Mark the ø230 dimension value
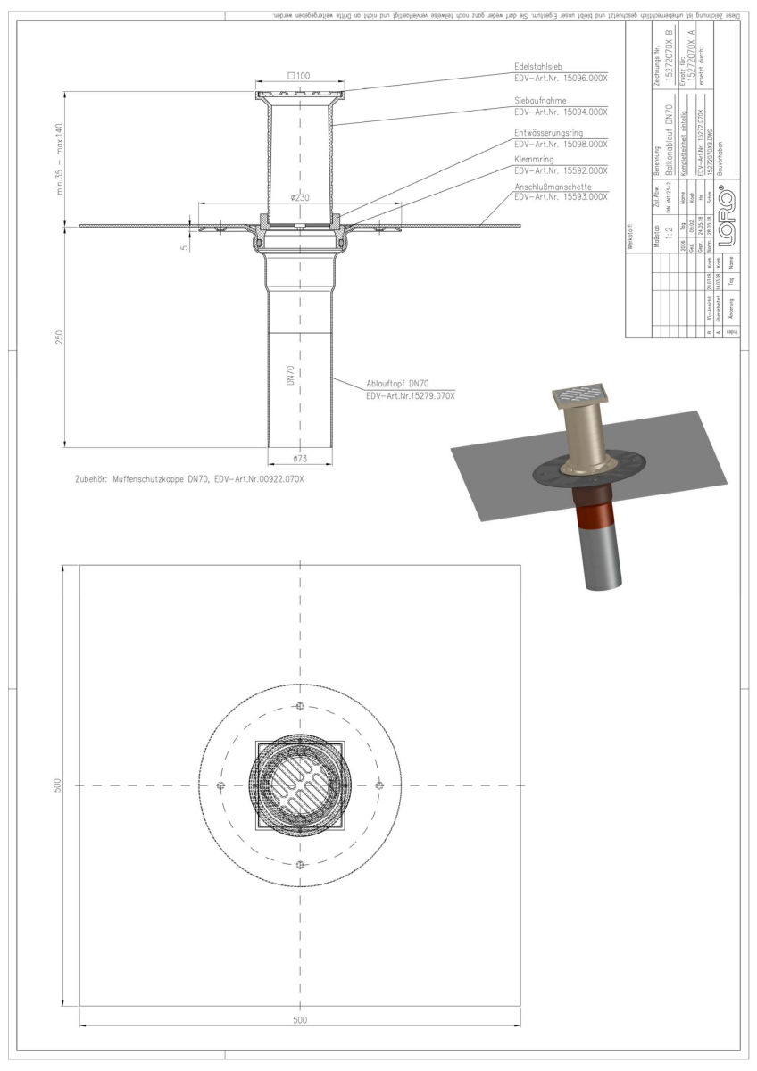click(x=300, y=198)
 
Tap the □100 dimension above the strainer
click(x=299, y=77)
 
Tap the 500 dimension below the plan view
click(x=300, y=1019)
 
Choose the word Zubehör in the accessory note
click(x=87, y=480)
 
